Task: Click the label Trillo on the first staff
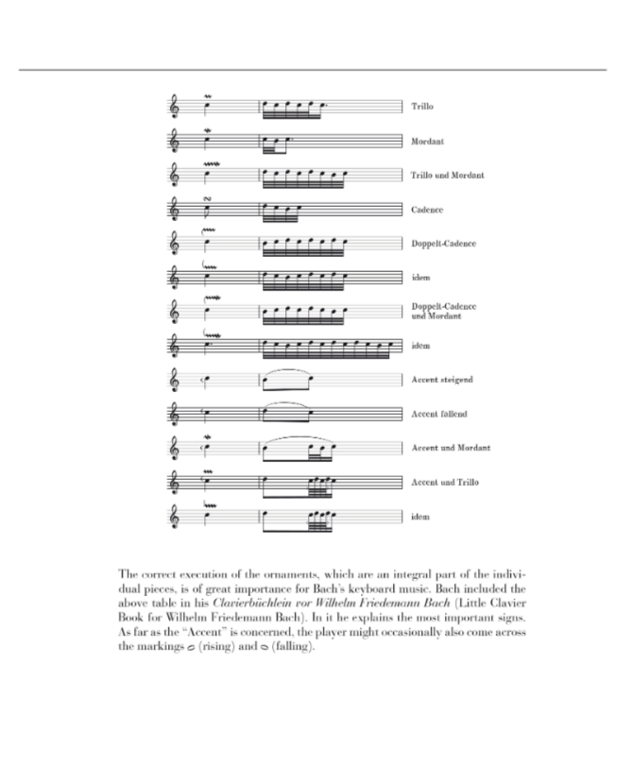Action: [x=422, y=107]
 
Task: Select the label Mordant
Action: [x=428, y=142]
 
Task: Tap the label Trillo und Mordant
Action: [x=448, y=176]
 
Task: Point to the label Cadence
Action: [x=428, y=210]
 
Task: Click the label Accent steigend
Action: [x=441, y=380]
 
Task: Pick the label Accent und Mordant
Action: [x=451, y=448]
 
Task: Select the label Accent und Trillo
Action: [x=445, y=482]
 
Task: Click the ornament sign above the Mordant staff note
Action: [x=207, y=130]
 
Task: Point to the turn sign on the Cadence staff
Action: [x=207, y=198]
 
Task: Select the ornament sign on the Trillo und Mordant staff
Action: [x=210, y=164]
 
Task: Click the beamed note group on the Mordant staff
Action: [x=275, y=143]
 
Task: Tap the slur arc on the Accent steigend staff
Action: [x=287, y=370]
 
